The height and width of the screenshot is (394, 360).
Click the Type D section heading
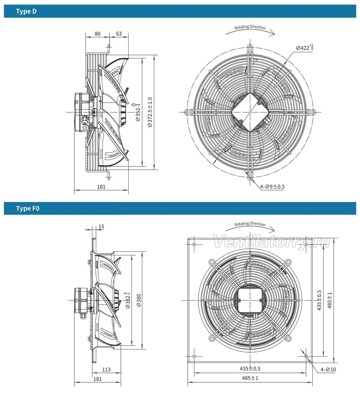point(26,12)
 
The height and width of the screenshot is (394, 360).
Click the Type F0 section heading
point(27,209)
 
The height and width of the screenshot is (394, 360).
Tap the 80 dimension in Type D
point(97,34)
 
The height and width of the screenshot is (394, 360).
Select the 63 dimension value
point(119,34)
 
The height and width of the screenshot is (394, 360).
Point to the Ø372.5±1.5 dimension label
point(150,112)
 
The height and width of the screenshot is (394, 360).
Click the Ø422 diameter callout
point(305,47)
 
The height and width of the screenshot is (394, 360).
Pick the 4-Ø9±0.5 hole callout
point(272,187)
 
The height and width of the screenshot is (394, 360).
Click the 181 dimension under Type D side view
point(101,187)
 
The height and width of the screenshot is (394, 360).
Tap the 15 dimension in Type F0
point(101,227)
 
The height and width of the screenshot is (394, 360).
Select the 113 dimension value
point(106,370)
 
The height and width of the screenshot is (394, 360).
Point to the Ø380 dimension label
point(139,300)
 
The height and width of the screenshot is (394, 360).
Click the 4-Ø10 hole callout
point(328,369)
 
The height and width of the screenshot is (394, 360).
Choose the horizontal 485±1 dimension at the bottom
point(250,378)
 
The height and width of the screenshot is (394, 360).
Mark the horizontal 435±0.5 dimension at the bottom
point(250,369)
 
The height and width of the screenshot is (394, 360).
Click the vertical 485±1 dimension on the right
point(329,300)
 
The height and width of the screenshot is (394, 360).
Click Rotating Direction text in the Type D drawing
point(250,27)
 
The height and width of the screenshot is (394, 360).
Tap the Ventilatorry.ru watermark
point(271,242)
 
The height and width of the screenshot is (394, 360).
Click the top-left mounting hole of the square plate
point(194,244)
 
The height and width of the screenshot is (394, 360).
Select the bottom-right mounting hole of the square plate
point(306,356)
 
